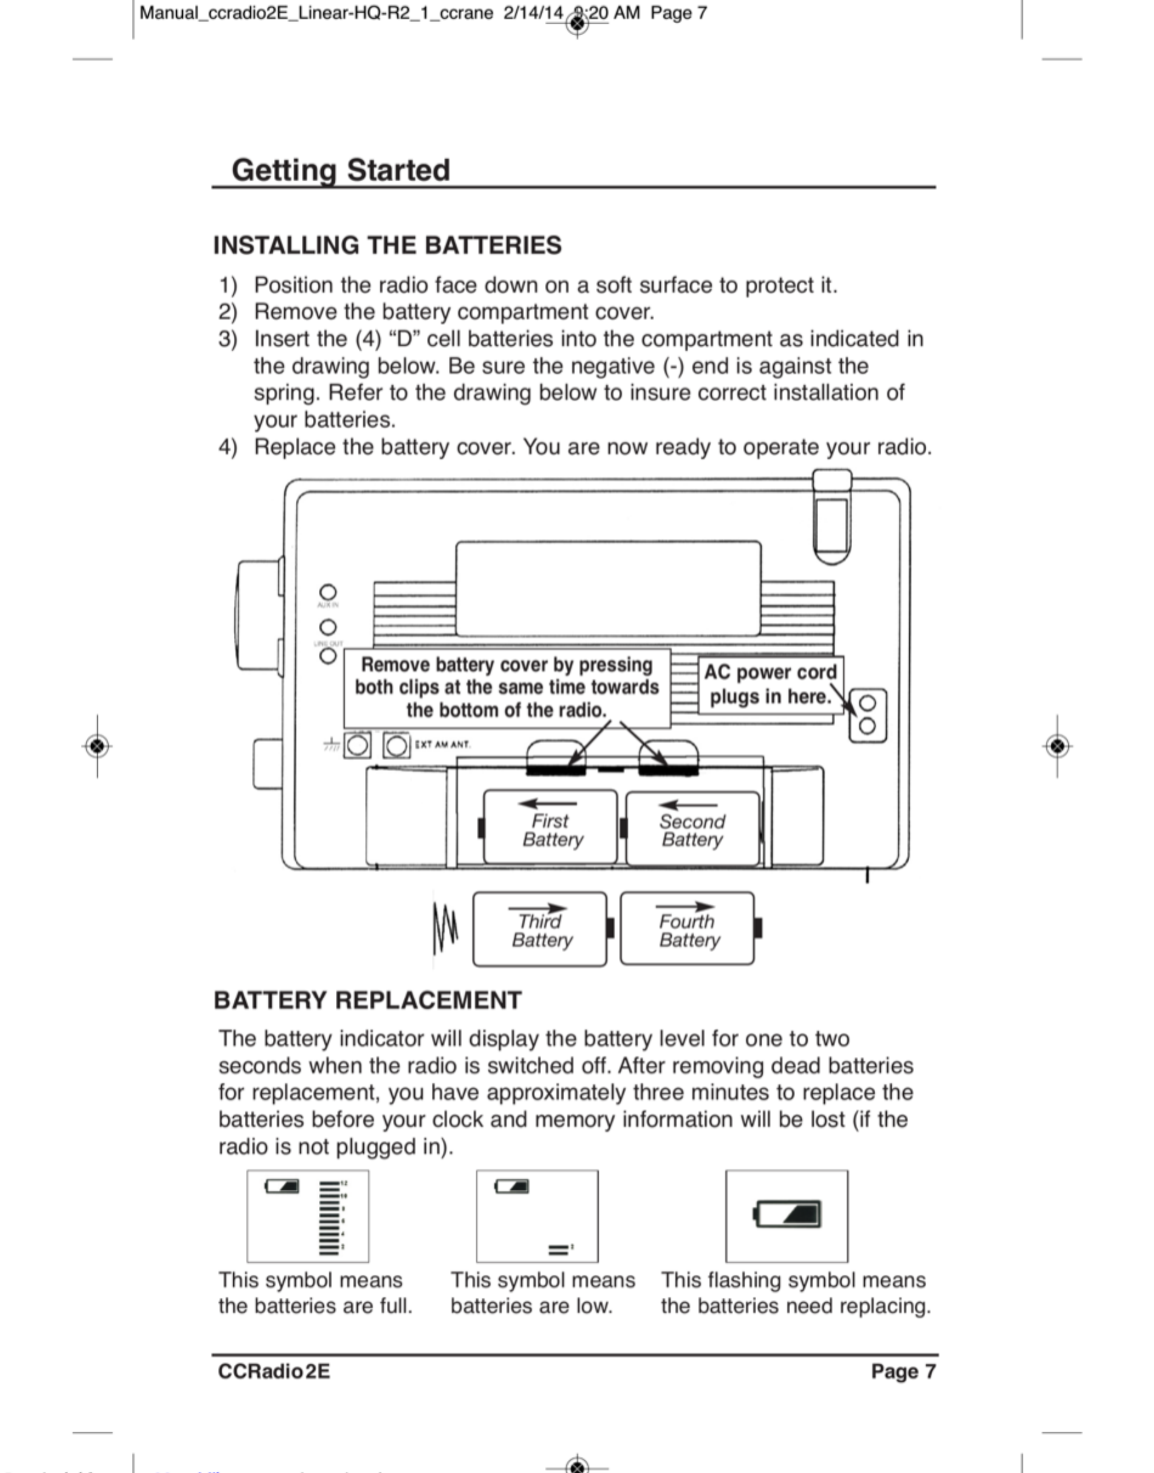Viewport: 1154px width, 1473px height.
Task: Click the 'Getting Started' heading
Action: [341, 170]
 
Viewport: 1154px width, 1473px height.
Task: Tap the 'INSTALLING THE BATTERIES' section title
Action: [387, 245]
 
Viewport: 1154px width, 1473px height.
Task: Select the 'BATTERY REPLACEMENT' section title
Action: [367, 1000]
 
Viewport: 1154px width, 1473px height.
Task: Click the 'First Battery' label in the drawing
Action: [551, 830]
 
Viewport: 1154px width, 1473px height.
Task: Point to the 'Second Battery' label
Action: [692, 830]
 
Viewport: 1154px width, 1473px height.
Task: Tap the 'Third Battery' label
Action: [541, 931]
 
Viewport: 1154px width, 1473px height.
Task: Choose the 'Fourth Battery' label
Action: [689, 931]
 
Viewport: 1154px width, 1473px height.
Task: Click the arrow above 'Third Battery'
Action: [538, 908]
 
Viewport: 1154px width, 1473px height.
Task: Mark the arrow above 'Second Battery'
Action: [688, 805]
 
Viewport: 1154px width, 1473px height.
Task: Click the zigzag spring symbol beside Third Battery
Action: [445, 928]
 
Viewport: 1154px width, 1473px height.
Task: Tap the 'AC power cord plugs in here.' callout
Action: [770, 684]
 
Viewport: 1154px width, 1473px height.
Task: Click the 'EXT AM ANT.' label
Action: [443, 745]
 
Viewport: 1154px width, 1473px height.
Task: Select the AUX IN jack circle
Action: [328, 593]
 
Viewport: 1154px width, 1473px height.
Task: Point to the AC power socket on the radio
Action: [867, 715]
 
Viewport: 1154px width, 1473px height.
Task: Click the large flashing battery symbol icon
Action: [787, 1214]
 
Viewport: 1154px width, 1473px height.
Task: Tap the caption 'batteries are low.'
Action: [531, 1306]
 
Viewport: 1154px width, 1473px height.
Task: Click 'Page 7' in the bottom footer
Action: [903, 1371]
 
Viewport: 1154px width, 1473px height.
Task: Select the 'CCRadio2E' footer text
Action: [274, 1371]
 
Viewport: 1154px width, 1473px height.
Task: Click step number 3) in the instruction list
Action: [228, 338]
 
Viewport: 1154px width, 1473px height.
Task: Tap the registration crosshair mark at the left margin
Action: [97, 746]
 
